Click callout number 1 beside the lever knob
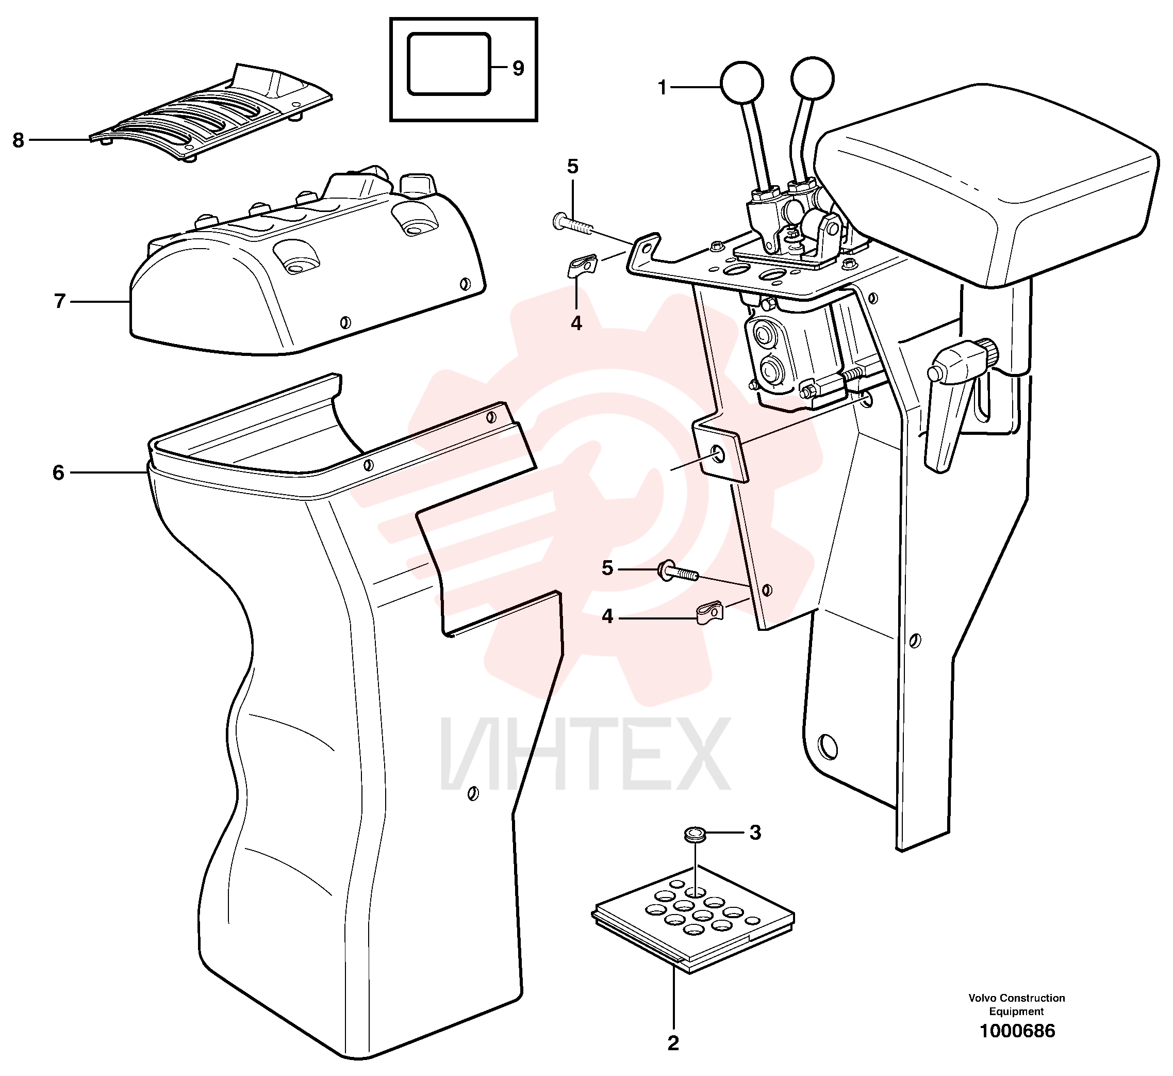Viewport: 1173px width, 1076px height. pos(662,88)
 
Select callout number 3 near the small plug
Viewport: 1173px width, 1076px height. pos(755,833)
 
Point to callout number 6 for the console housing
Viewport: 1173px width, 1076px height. pos(58,473)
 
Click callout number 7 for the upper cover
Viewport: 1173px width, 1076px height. pos(59,302)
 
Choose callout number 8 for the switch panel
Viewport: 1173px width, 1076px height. pos(19,140)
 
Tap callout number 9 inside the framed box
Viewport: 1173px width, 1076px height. pos(518,69)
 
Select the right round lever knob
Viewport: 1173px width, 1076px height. pos(813,78)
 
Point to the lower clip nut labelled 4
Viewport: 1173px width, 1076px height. pos(709,612)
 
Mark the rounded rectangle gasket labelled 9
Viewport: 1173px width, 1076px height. pos(449,64)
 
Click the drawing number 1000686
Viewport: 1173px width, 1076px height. pos(1017,1031)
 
